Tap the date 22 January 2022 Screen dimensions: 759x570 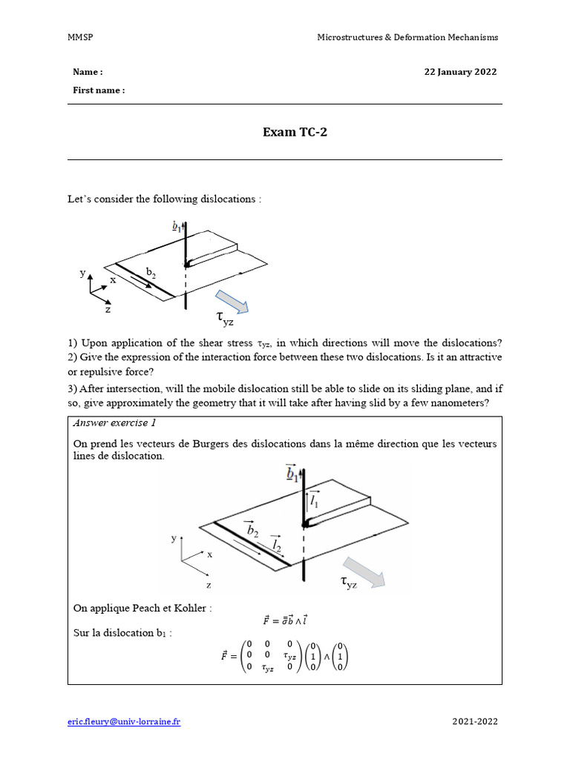tap(460, 72)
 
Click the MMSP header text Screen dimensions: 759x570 tap(79, 37)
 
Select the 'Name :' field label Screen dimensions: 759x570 tap(88, 72)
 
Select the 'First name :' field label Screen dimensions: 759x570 tap(99, 90)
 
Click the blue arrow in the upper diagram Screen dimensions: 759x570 tap(238, 302)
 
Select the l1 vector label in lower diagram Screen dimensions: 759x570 tap(315, 500)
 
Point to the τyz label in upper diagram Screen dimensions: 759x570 tap(224, 318)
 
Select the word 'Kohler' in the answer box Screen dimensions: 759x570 tap(194, 609)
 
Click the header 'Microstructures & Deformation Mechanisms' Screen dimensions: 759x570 tap(407, 37)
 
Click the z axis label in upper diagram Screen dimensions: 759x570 tap(108, 310)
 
